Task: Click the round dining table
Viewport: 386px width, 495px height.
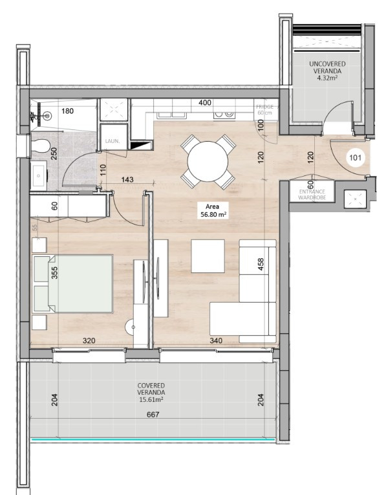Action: point(205,161)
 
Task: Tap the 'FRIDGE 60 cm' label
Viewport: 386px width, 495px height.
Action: point(263,109)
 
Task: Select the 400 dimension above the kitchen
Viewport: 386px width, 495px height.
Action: point(205,103)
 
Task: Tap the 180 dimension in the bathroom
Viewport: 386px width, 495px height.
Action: point(67,111)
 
